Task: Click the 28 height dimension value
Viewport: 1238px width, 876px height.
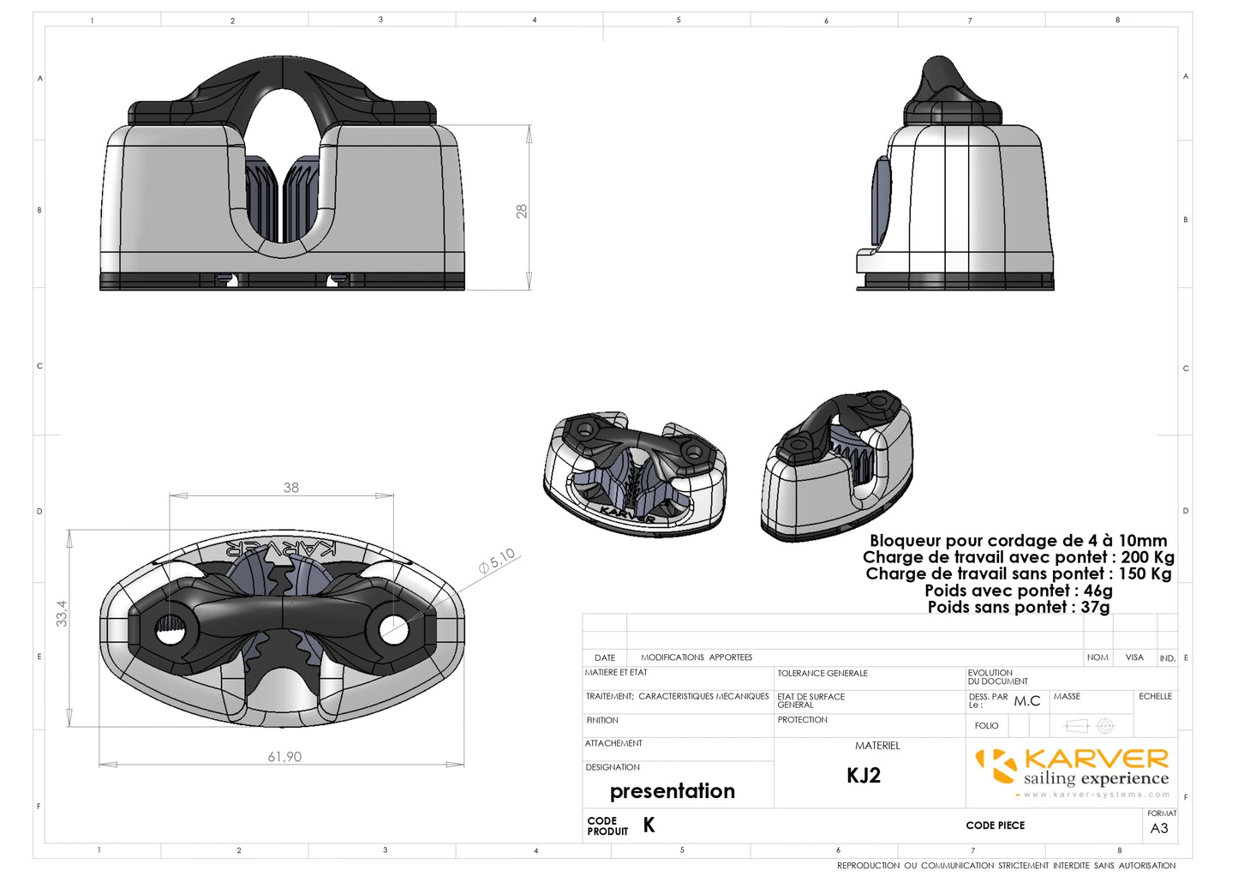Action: click(x=522, y=211)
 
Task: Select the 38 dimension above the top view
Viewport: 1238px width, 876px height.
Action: click(x=291, y=488)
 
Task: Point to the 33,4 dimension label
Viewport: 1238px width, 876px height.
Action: click(x=62, y=613)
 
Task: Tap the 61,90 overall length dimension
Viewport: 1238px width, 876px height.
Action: click(x=284, y=757)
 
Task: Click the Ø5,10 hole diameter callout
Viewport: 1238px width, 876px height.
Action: click(x=498, y=560)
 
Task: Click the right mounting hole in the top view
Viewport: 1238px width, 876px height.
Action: click(x=393, y=630)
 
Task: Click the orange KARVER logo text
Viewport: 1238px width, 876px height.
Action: click(x=1096, y=759)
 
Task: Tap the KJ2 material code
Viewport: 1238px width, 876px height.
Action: click(x=864, y=776)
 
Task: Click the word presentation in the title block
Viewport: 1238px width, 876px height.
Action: click(x=673, y=791)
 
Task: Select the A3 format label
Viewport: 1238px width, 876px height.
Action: click(x=1159, y=828)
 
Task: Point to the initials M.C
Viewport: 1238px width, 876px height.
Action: click(x=1027, y=701)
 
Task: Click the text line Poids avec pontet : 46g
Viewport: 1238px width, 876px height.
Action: click(x=1018, y=591)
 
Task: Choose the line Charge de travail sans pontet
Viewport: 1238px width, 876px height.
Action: click(x=1018, y=573)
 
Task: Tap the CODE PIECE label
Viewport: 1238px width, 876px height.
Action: click(x=995, y=825)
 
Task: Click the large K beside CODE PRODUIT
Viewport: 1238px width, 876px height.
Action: click(x=649, y=825)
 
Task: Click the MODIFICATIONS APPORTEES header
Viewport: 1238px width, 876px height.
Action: click(x=697, y=657)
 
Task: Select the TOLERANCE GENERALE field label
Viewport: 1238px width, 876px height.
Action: click(x=822, y=674)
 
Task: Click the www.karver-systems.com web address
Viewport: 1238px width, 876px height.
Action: click(x=1097, y=795)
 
